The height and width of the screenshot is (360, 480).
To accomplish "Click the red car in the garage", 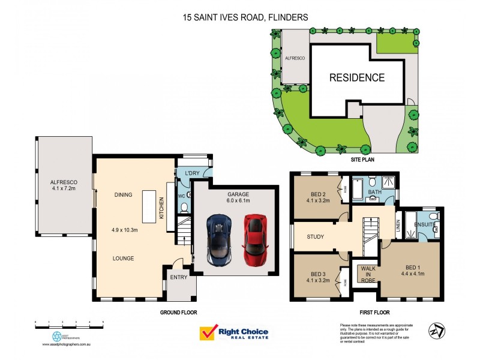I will (255, 240).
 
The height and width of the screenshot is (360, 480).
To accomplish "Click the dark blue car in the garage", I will (219, 240).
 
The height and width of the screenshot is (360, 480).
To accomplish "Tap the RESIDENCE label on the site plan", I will (356, 77).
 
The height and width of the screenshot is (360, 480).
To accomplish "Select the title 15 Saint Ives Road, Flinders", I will (245, 17).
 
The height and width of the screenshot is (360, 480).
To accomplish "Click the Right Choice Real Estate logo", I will (234, 333).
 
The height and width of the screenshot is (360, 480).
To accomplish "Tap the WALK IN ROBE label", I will (367, 274).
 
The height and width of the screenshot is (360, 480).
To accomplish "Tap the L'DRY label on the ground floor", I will (192, 173).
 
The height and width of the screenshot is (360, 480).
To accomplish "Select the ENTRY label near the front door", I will (179, 277).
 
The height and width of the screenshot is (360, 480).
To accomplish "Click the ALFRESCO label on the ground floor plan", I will (64, 181).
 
